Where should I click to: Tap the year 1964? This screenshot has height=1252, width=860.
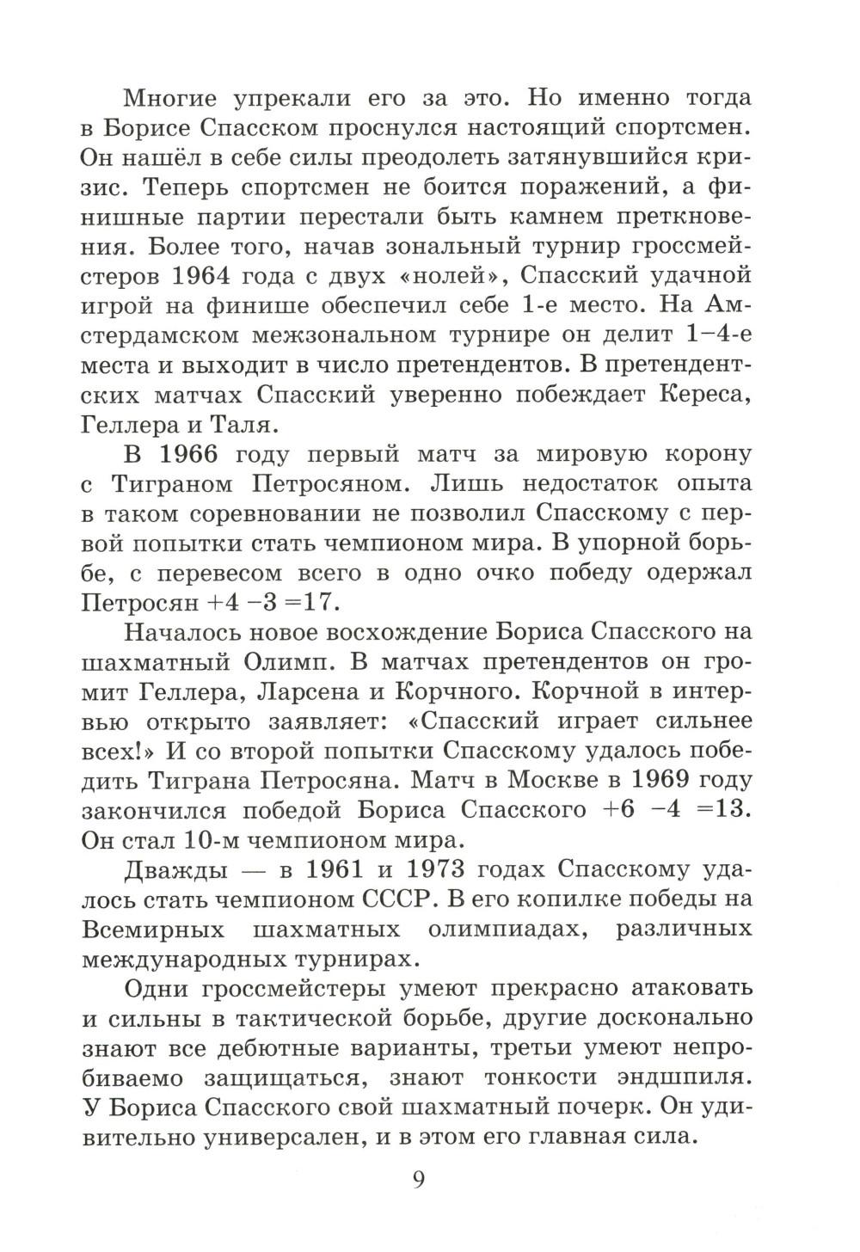pyautogui.click(x=208, y=277)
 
